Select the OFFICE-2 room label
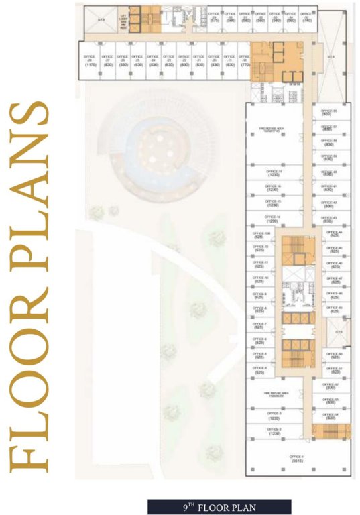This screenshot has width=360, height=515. coord(274,432)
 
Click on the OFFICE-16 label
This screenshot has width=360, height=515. coord(274,188)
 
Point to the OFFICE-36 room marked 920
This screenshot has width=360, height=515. coord(328,112)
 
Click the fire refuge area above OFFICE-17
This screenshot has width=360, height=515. coord(274,129)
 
